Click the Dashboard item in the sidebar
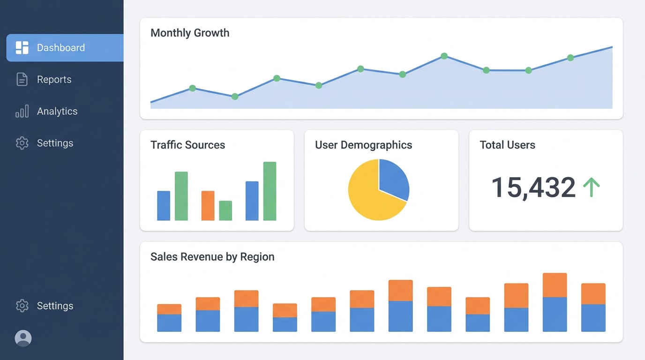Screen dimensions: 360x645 tap(61, 48)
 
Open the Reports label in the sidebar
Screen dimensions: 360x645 tap(54, 80)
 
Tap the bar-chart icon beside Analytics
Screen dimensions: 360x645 tap(22, 111)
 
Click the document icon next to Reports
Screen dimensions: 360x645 tap(22, 80)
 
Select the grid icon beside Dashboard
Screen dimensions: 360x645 tap(22, 48)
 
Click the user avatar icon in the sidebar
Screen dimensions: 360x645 tap(23, 338)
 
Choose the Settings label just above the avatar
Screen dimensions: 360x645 tap(55, 306)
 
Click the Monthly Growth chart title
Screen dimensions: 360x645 tap(190, 33)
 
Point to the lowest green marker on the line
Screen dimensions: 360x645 tap(235, 97)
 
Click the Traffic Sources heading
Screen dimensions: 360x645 tap(187, 145)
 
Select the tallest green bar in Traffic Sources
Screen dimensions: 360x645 tap(270, 191)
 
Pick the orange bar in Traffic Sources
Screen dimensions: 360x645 tap(208, 205)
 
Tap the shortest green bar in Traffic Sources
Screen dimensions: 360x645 tap(225, 210)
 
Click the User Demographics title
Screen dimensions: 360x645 tap(363, 145)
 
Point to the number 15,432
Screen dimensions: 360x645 tap(533, 187)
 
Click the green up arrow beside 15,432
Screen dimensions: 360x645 tap(591, 187)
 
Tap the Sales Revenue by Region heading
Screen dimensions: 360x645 tap(212, 257)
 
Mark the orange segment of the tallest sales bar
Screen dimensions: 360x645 tap(555, 285)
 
